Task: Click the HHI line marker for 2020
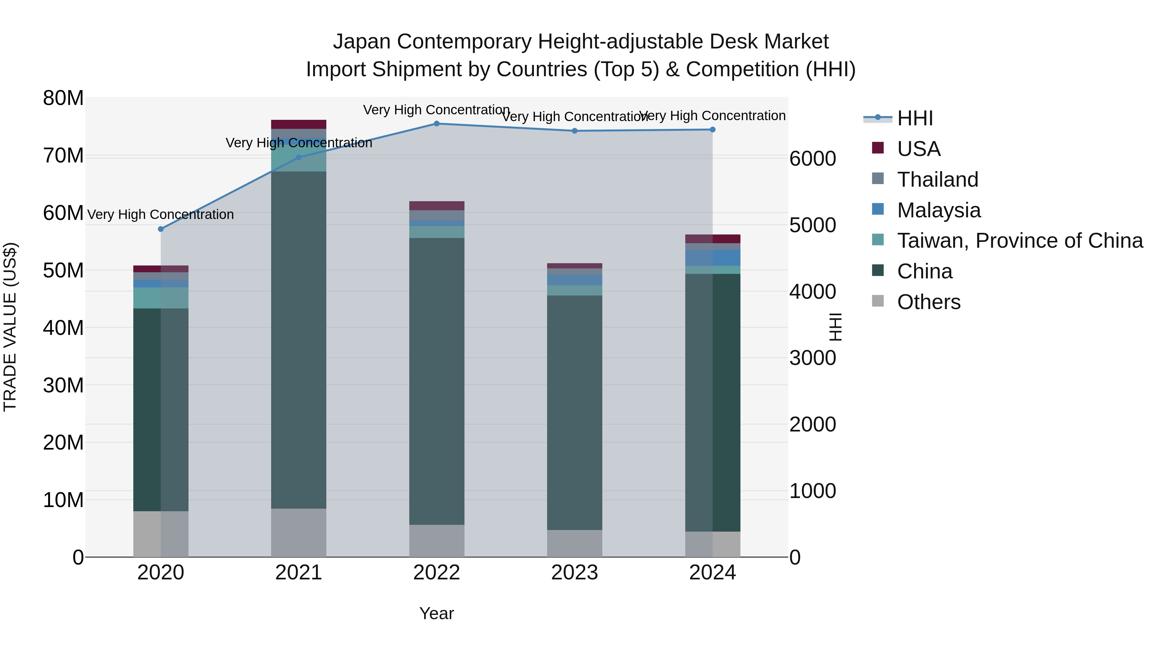(161, 229)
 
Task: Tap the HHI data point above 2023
(574, 131)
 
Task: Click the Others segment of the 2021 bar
(299, 533)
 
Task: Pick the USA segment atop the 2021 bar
(299, 125)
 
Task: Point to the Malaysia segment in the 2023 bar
(574, 280)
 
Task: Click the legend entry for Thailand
(937, 180)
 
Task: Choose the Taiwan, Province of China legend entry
(1019, 241)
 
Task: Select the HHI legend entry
(915, 118)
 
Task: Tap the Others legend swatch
(878, 301)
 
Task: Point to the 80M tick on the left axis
(63, 98)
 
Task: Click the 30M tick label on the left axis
(63, 385)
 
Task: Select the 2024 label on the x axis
(712, 573)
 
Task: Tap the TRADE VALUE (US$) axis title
(10, 327)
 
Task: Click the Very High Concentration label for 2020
(161, 214)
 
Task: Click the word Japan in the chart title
(361, 42)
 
